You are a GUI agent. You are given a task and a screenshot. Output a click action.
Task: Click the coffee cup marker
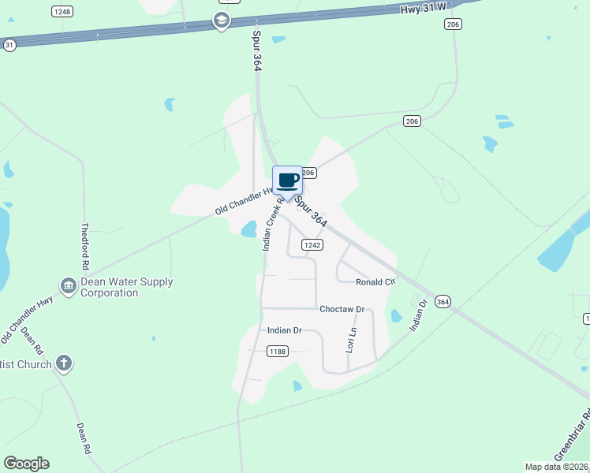288,181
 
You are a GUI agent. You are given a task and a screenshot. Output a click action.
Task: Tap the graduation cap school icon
222,20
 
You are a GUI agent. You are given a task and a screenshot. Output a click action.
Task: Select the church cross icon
64,363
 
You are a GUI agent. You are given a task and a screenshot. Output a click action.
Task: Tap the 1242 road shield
312,244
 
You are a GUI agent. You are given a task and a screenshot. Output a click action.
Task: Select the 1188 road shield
276,351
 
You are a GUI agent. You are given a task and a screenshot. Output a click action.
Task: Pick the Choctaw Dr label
342,310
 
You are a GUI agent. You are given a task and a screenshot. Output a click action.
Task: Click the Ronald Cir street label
374,282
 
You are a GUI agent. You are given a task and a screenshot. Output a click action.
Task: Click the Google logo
26,464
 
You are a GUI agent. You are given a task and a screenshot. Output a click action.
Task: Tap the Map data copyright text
557,467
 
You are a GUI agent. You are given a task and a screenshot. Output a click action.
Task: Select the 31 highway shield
9,46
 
